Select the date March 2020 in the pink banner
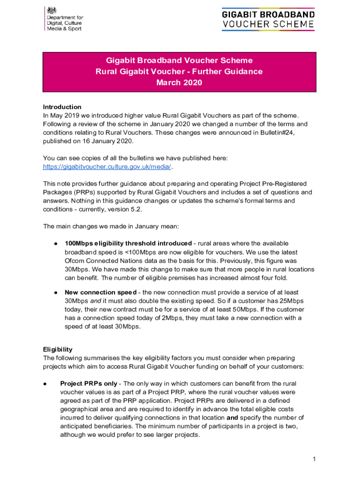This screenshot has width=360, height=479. click(179, 83)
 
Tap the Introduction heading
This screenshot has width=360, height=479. click(62, 107)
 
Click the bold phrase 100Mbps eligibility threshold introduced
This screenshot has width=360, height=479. click(128, 243)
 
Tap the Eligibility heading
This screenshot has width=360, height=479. click(58, 349)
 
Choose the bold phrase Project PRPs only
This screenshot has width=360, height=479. click(89, 384)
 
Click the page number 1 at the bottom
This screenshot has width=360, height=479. click(315, 459)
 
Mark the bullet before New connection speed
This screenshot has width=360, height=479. click(55, 292)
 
